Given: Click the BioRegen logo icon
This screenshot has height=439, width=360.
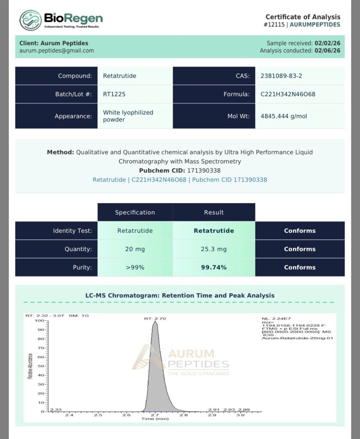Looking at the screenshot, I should point(30,20).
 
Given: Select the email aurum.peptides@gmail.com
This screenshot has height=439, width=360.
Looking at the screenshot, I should point(57,51).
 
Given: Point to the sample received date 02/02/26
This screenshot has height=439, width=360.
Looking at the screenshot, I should point(327,43).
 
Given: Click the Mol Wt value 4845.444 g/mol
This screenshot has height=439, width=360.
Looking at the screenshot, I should point(284,116).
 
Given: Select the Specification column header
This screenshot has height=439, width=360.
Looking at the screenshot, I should point(135,212).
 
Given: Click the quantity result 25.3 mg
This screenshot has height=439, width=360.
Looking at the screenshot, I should point(214,249).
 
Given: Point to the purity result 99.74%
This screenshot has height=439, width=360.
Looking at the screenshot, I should point(214,268).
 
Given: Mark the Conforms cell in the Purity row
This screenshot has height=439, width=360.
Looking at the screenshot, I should point(300,268).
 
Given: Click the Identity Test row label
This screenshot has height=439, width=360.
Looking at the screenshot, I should point(72,231).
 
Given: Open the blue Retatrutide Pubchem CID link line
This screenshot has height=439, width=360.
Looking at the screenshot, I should point(180,180).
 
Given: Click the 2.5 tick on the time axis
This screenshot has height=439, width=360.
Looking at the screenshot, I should point(98,415).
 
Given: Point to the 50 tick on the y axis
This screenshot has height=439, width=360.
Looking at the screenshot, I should point(41,366).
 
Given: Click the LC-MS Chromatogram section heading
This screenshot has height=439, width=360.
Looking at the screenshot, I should point(180,295).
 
